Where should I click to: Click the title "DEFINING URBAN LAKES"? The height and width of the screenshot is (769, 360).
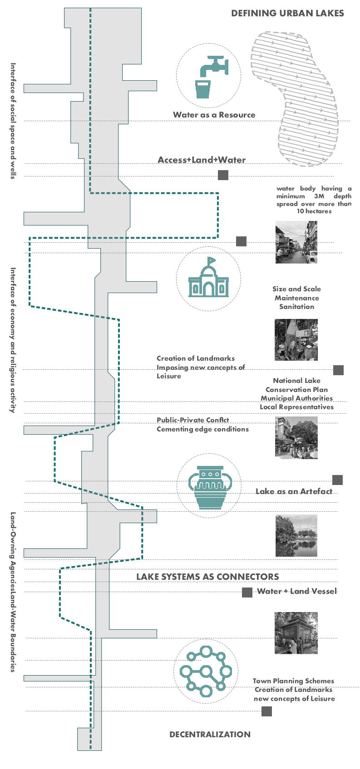[287, 13]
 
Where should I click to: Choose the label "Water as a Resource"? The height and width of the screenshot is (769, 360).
[214, 115]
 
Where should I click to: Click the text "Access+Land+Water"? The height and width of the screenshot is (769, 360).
[202, 160]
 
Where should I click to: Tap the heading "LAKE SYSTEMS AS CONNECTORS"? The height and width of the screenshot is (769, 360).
[207, 577]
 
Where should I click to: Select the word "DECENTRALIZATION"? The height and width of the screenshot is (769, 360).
[210, 734]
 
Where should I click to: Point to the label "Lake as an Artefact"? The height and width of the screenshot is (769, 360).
[294, 491]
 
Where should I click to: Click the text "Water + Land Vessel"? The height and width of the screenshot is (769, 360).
[297, 591]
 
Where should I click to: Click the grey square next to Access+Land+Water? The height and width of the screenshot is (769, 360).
[223, 175]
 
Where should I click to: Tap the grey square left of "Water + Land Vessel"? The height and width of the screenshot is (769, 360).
[247, 592]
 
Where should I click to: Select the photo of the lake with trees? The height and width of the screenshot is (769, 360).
[296, 535]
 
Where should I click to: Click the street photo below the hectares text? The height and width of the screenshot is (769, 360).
[296, 242]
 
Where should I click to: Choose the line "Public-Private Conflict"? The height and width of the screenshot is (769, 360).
[193, 420]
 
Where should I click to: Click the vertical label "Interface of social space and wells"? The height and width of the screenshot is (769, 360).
[13, 121]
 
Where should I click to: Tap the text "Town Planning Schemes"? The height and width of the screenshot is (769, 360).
[293, 681]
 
